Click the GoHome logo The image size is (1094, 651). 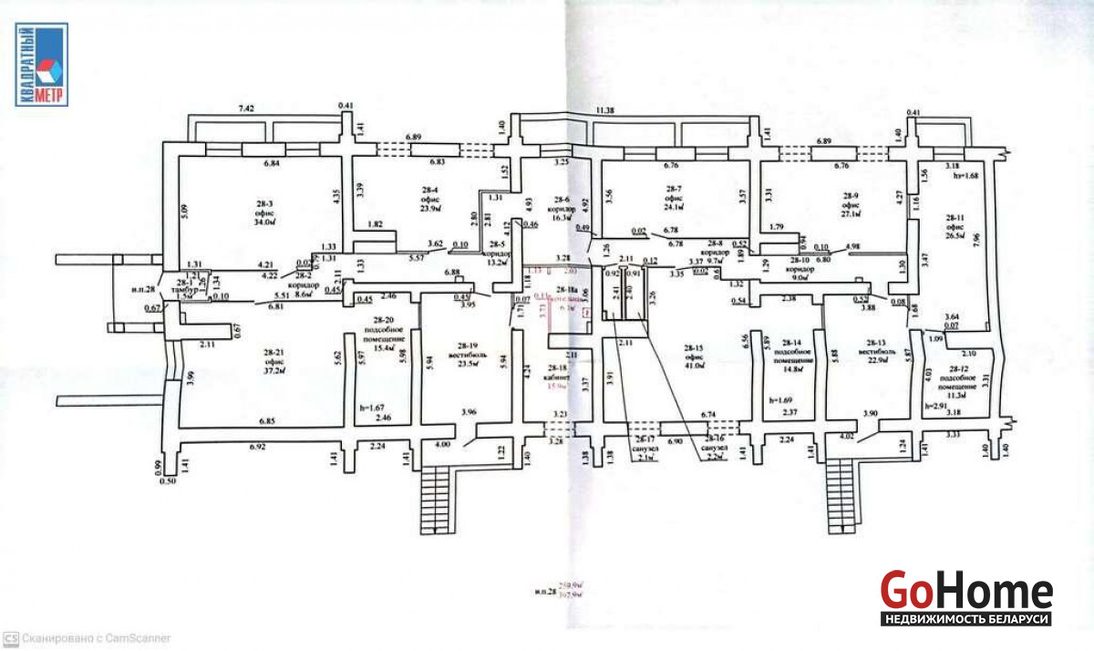[966, 598]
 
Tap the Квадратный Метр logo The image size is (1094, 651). [41, 66]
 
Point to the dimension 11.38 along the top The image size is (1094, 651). [604, 110]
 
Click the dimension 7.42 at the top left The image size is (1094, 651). [247, 108]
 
